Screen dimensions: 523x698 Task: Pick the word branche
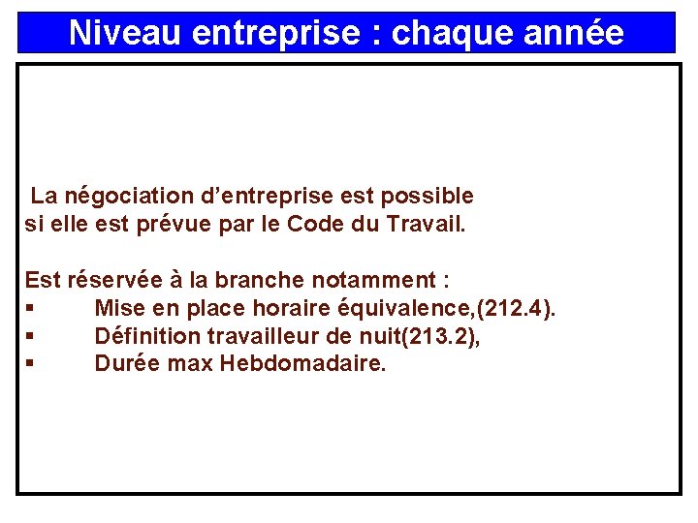point(260,281)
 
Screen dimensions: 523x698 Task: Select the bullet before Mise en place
point(31,309)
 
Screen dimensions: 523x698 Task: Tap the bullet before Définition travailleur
point(31,337)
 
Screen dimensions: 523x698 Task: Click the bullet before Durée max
point(31,365)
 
